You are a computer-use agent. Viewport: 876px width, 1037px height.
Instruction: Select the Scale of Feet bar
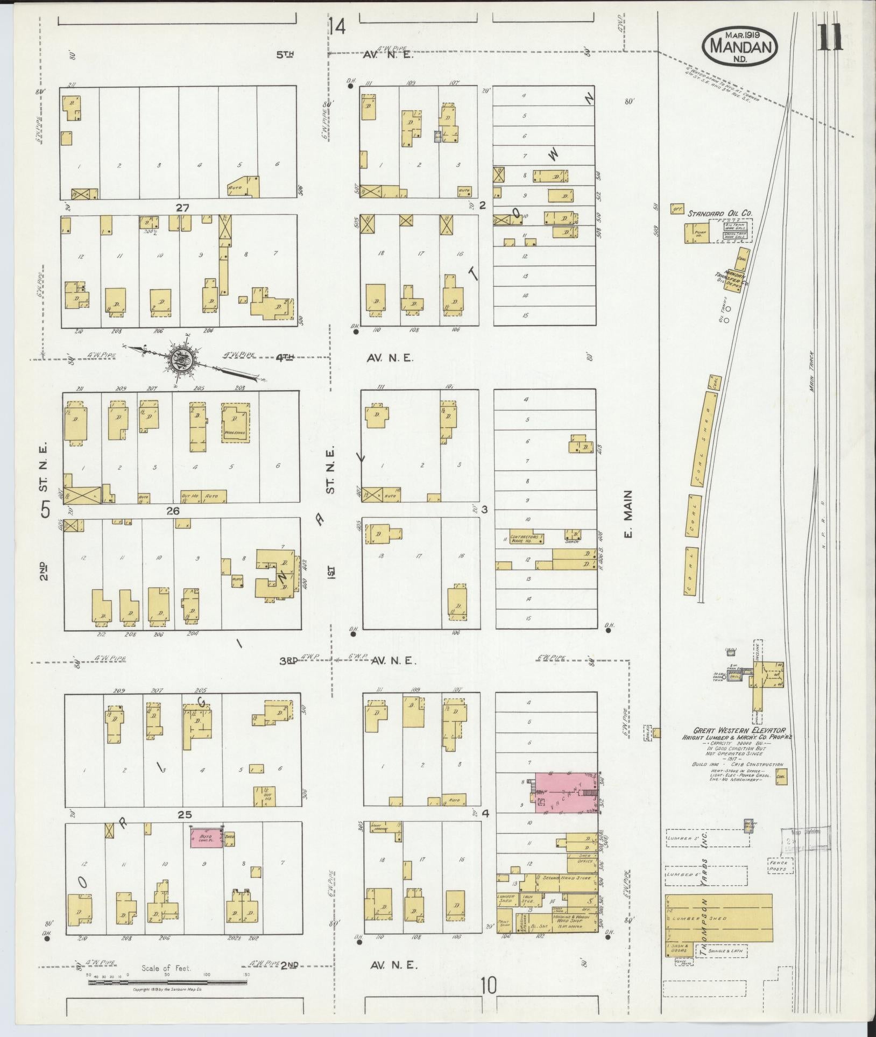[x=168, y=982]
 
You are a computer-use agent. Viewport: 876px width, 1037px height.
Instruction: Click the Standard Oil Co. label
[x=720, y=213]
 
